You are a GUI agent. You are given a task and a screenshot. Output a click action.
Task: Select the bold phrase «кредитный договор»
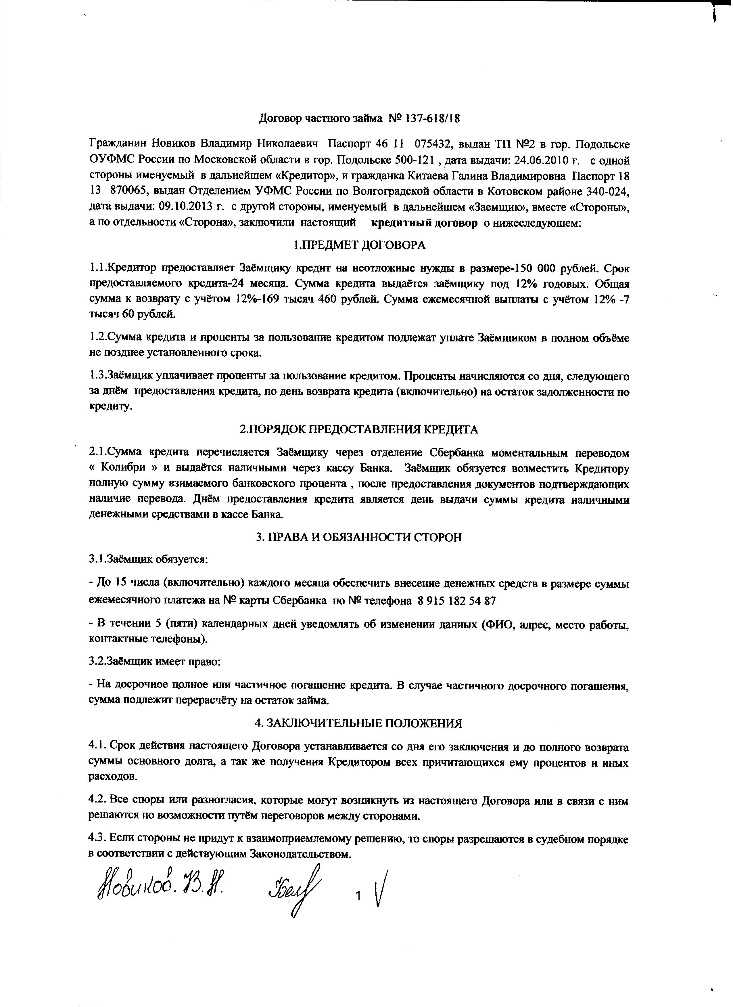point(424,223)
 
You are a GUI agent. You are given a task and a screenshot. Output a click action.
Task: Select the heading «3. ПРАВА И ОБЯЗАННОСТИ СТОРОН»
point(359,537)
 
